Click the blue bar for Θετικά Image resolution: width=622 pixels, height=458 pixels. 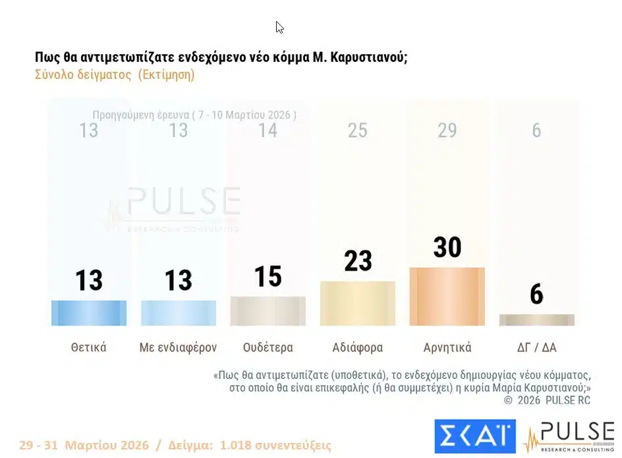pos(89,313)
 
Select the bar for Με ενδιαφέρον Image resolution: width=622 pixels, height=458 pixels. pos(179,313)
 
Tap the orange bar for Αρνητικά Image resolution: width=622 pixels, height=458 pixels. pos(447,297)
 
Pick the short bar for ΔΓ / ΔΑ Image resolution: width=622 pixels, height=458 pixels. pos(536,320)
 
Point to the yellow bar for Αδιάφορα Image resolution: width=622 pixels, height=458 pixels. pos(358,304)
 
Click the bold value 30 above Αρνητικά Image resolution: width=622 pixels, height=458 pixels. pos(447,248)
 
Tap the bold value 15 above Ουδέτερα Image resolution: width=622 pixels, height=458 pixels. pos(268,277)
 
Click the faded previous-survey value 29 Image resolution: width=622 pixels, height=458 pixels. pos(447,130)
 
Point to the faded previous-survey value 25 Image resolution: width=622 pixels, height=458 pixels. pos(358,130)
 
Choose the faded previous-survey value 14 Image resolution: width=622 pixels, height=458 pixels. pos(268,130)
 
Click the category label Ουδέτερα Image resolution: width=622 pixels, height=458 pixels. pos(268,347)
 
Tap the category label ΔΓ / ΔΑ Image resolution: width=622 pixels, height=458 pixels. pos(536,347)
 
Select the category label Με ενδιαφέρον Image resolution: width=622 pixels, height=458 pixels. pos(179,347)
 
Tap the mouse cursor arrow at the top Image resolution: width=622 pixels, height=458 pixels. pos(279,28)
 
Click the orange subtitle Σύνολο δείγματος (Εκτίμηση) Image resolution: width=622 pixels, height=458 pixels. pos(115,74)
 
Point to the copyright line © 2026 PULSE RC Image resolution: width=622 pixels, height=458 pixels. pos(547,400)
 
